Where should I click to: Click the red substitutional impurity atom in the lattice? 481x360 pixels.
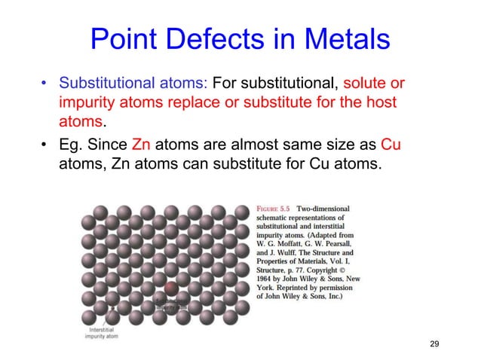click(x=172, y=288)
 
